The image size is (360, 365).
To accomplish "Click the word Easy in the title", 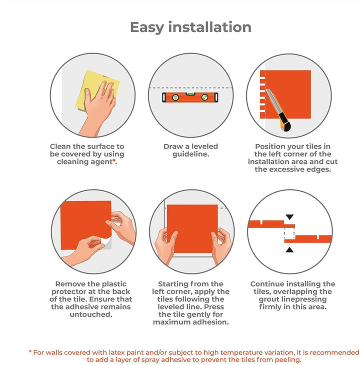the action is [x=147, y=27].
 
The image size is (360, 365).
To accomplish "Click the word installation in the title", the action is [x=210, y=27].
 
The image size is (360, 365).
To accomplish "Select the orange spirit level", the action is [x=190, y=97].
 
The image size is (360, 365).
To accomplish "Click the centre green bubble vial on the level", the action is [x=190, y=94].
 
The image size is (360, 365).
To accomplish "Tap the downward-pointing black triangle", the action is [x=289, y=217].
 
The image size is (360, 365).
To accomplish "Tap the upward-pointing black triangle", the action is [x=289, y=250].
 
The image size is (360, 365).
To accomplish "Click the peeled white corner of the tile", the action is [x=106, y=241].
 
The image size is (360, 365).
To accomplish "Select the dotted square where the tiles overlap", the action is [x=289, y=233].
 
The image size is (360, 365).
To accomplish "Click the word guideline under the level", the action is [x=191, y=154].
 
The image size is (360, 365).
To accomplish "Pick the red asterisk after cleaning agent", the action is [x=114, y=160].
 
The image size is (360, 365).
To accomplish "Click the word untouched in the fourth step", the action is [x=91, y=314].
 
